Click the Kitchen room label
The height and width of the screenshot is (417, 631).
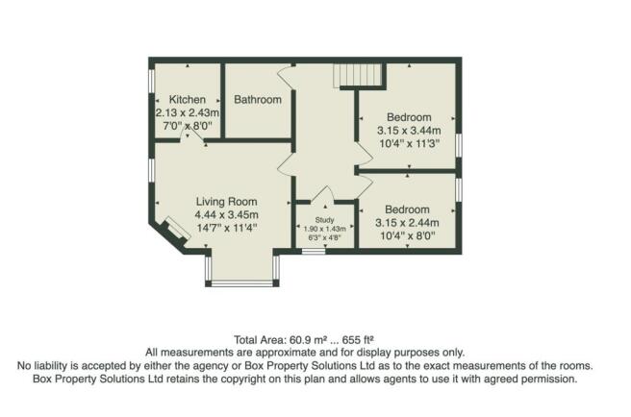point(187,99)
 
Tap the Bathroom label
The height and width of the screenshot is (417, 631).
point(258,99)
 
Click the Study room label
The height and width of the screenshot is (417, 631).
point(325,220)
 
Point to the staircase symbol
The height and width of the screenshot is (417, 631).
point(359,76)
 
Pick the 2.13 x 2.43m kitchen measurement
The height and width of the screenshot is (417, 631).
point(188,112)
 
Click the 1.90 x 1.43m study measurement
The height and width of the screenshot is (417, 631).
point(325,229)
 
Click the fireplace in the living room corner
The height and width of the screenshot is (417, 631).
point(174,232)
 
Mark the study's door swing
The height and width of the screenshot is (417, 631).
point(324,193)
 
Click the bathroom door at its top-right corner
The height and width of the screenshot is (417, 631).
point(284,73)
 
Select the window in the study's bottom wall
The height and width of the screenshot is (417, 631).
point(312,251)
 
